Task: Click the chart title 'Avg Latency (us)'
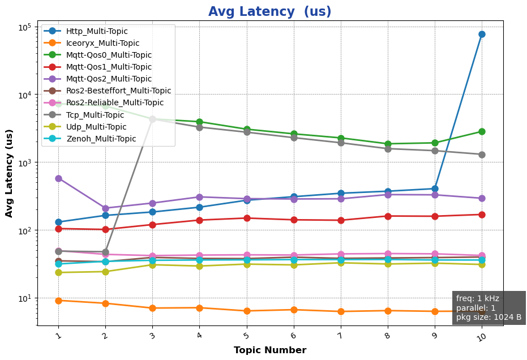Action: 269,12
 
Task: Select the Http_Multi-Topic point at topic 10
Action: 482,35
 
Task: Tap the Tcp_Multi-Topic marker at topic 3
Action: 152,119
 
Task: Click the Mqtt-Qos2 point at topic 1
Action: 58,178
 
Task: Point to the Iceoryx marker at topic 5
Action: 246,311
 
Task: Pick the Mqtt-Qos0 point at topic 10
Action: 482,131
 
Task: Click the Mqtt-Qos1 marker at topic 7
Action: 341,220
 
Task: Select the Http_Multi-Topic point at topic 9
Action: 435,188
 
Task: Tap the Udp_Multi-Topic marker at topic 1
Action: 58,272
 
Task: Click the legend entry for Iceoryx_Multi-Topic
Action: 102,43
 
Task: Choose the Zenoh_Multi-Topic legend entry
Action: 101,139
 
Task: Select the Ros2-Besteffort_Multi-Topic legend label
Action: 118,91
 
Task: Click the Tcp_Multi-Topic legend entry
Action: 95,115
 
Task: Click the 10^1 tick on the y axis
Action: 25,298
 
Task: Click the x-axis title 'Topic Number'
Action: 269,350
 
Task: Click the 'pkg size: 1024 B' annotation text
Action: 489,317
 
